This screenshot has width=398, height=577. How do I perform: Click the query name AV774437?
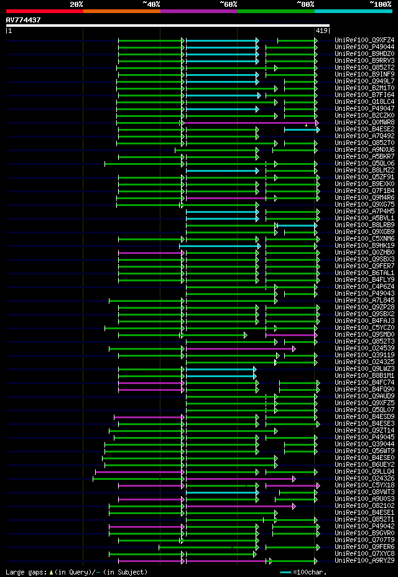[x=24, y=20]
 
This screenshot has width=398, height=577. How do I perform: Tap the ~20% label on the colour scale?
[x=76, y=4]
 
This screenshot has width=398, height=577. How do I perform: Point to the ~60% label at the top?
[x=228, y=4]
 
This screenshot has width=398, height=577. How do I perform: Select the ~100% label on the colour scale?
[x=381, y=4]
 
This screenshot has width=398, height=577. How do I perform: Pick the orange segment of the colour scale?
[x=121, y=11]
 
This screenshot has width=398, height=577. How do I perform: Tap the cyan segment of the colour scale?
[x=353, y=11]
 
